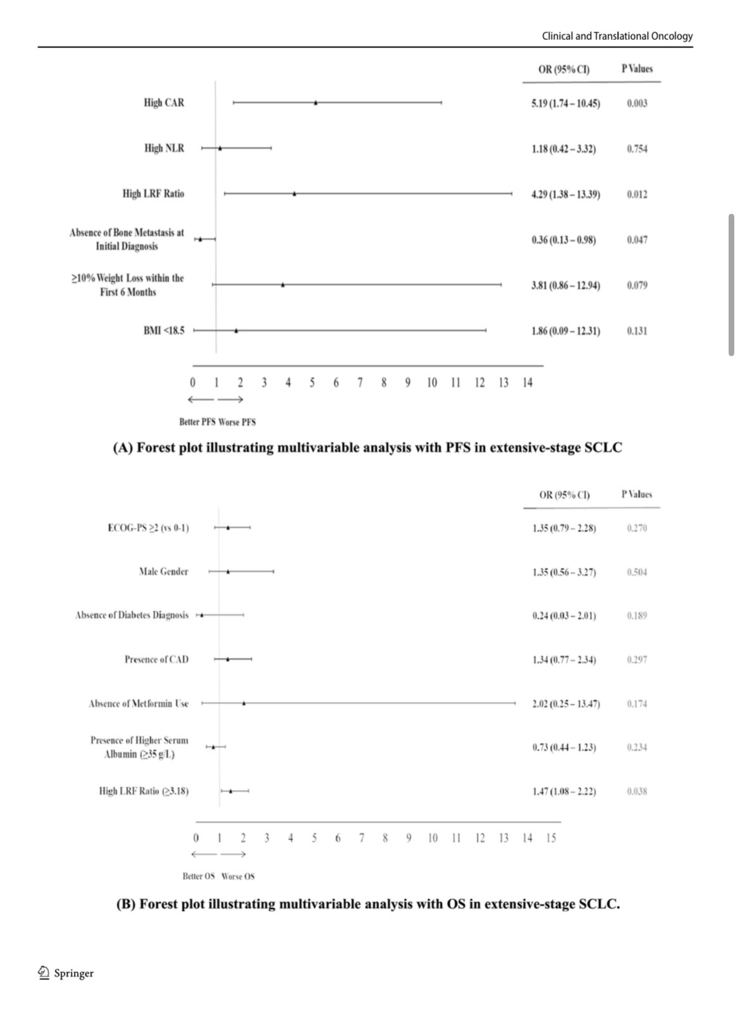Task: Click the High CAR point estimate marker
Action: (x=316, y=102)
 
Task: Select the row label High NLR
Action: (x=164, y=148)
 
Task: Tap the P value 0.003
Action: (x=637, y=103)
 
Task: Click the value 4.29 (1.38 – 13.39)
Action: (x=565, y=194)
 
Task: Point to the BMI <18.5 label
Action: (x=164, y=330)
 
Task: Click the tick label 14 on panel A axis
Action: (x=527, y=382)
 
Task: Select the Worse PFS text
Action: (x=237, y=422)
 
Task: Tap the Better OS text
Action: (x=199, y=876)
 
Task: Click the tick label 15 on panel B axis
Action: (x=551, y=838)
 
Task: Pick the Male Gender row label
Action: (x=164, y=572)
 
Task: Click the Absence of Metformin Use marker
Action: (x=244, y=703)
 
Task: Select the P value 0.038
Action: (x=637, y=791)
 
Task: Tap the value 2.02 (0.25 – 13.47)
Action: (x=566, y=703)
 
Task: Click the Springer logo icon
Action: (x=44, y=973)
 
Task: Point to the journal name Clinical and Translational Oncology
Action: (x=617, y=36)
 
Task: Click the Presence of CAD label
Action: (x=156, y=659)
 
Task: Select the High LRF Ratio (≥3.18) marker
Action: (x=231, y=791)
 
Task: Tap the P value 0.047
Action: (x=637, y=240)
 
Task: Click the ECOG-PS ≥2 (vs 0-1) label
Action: (x=148, y=528)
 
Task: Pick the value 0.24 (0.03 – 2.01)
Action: (x=564, y=615)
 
